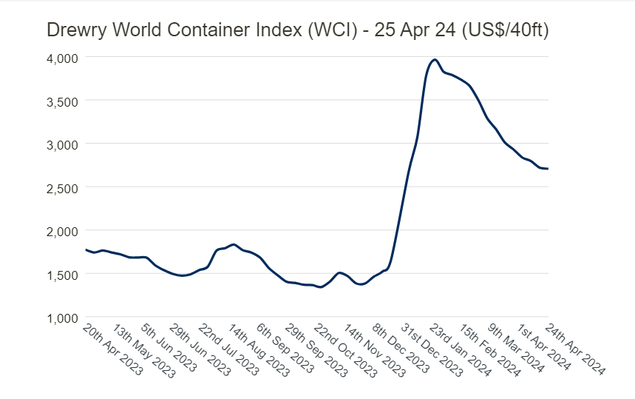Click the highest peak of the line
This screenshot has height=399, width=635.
pos(435,60)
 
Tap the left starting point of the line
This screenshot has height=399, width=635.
pos(86,249)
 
